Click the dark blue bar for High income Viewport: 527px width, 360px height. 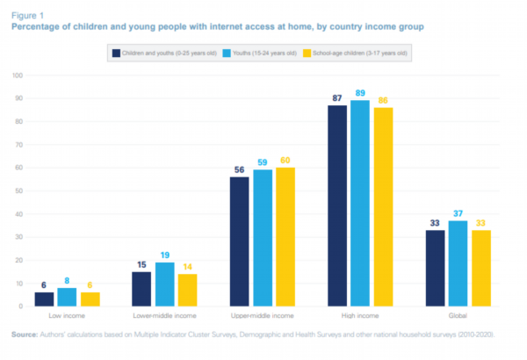(x=338, y=205)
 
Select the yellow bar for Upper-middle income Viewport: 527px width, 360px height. (x=285, y=237)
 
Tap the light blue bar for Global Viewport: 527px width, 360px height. (x=458, y=263)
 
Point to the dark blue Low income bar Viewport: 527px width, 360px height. (x=44, y=299)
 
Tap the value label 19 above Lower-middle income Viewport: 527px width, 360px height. (x=164, y=254)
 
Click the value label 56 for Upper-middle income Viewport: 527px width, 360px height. (x=239, y=169)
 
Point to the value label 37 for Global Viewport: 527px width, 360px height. (x=458, y=212)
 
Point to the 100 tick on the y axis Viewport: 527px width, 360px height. (x=15, y=76)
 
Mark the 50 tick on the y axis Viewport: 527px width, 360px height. (x=17, y=191)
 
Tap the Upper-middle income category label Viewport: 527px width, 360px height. (x=263, y=314)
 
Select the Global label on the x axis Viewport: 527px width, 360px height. (x=458, y=314)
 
